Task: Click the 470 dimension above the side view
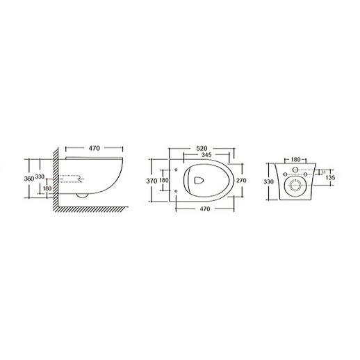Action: pyautogui.click(x=94, y=147)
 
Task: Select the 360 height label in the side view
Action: pyautogui.click(x=28, y=178)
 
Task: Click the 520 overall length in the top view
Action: pyautogui.click(x=204, y=147)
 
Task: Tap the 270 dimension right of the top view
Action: pyautogui.click(x=240, y=180)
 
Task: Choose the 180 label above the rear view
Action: pyautogui.click(x=297, y=158)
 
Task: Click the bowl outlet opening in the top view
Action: pyautogui.click(x=199, y=180)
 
